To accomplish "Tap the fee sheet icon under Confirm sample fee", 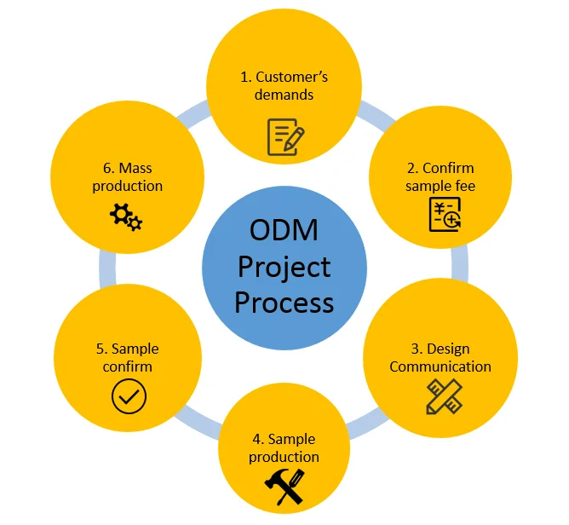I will (x=445, y=214).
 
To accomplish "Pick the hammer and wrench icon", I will (x=284, y=487).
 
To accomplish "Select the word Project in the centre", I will (x=284, y=267).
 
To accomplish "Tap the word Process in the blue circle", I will (x=284, y=302).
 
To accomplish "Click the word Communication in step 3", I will (x=440, y=366).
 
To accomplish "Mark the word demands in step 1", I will (x=284, y=95).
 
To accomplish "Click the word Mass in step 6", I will (x=135, y=168).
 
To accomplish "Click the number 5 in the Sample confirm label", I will (x=101, y=349).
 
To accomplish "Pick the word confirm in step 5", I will (x=129, y=366).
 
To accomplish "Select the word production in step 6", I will (x=128, y=186).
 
